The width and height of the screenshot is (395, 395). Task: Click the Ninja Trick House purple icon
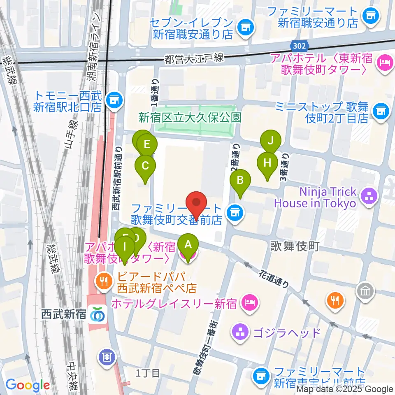pos(368,196)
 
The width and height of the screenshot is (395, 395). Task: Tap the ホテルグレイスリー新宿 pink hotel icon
pos(249,304)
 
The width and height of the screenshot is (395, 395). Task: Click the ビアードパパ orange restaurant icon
pos(102,281)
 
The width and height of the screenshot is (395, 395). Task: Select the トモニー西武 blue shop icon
pos(112,100)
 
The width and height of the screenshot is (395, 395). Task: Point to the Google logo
pos(28,386)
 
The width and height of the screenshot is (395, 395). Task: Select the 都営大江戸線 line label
pos(194,58)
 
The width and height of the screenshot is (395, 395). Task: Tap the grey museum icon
pos(364,291)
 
